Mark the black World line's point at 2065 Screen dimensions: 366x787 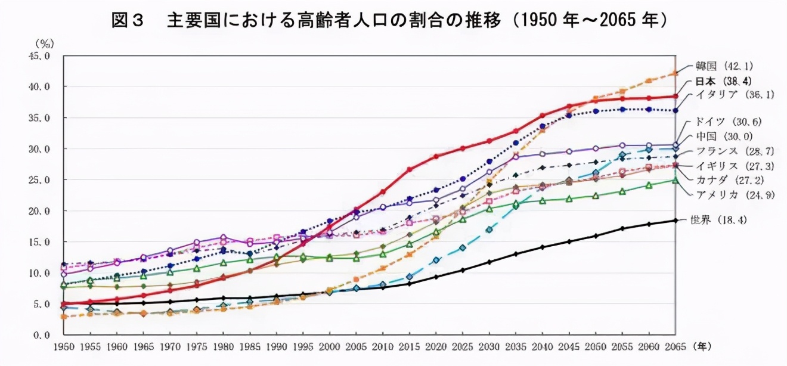point(676,220)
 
